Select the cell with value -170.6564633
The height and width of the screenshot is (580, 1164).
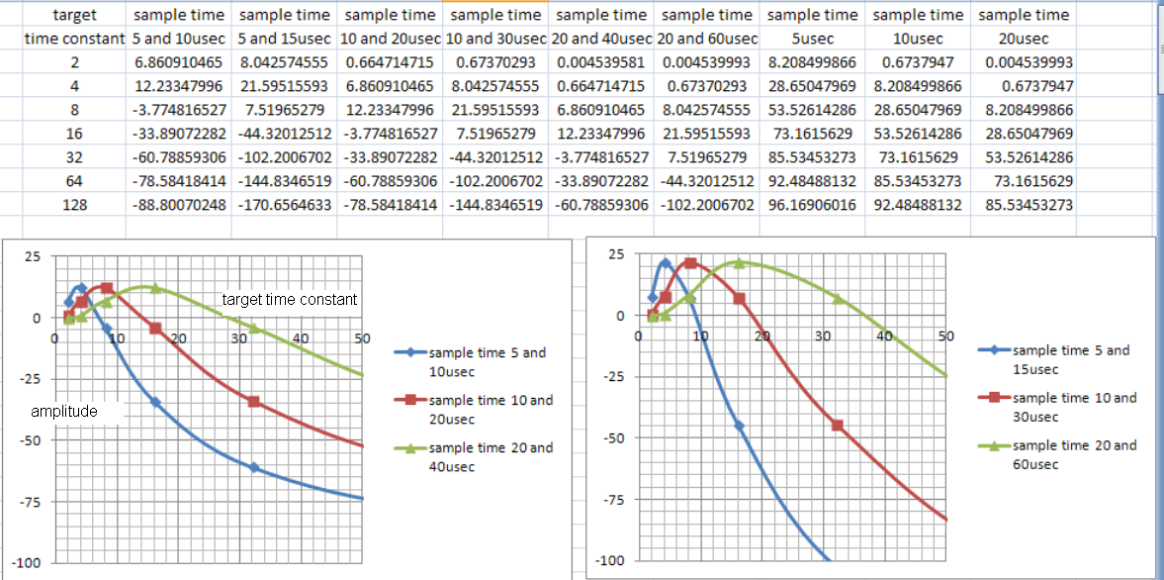pyautogui.click(x=286, y=206)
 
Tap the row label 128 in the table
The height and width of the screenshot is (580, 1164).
pyautogui.click(x=73, y=206)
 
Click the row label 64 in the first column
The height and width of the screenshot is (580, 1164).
pyautogui.click(x=73, y=182)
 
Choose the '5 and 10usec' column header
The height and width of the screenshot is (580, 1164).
pyautogui.click(x=179, y=39)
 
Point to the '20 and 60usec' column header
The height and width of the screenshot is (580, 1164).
pyautogui.click(x=707, y=39)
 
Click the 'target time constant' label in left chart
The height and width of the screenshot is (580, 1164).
pyautogui.click(x=290, y=300)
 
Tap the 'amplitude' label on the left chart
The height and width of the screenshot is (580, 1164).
pyautogui.click(x=64, y=411)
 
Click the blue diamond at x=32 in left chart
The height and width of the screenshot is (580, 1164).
pyautogui.click(x=254, y=467)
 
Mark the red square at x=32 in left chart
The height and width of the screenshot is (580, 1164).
pyautogui.click(x=254, y=402)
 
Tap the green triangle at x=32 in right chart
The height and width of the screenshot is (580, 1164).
pyautogui.click(x=838, y=298)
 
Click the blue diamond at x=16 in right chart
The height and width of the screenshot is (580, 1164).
pyautogui.click(x=739, y=426)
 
